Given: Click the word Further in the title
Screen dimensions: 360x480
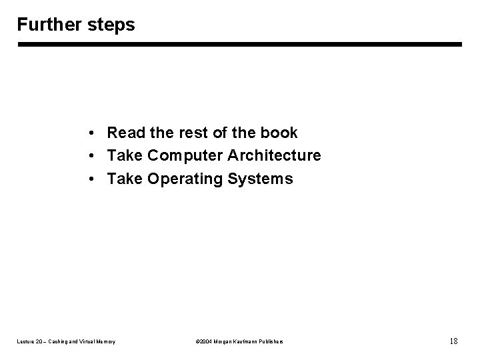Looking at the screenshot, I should [x=47, y=25].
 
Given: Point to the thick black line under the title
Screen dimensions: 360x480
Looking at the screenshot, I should [x=239, y=45].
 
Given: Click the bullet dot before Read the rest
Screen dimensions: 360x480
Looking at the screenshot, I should [x=90, y=133].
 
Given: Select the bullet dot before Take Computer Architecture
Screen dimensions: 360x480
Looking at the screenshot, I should [x=90, y=156].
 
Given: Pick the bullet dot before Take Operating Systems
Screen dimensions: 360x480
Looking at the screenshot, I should [x=90, y=179].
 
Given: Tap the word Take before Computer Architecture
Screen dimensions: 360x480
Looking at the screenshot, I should [x=124, y=156].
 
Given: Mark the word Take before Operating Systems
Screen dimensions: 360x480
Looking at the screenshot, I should [x=124, y=179].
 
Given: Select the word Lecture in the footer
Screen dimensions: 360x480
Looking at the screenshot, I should [x=24, y=342].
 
